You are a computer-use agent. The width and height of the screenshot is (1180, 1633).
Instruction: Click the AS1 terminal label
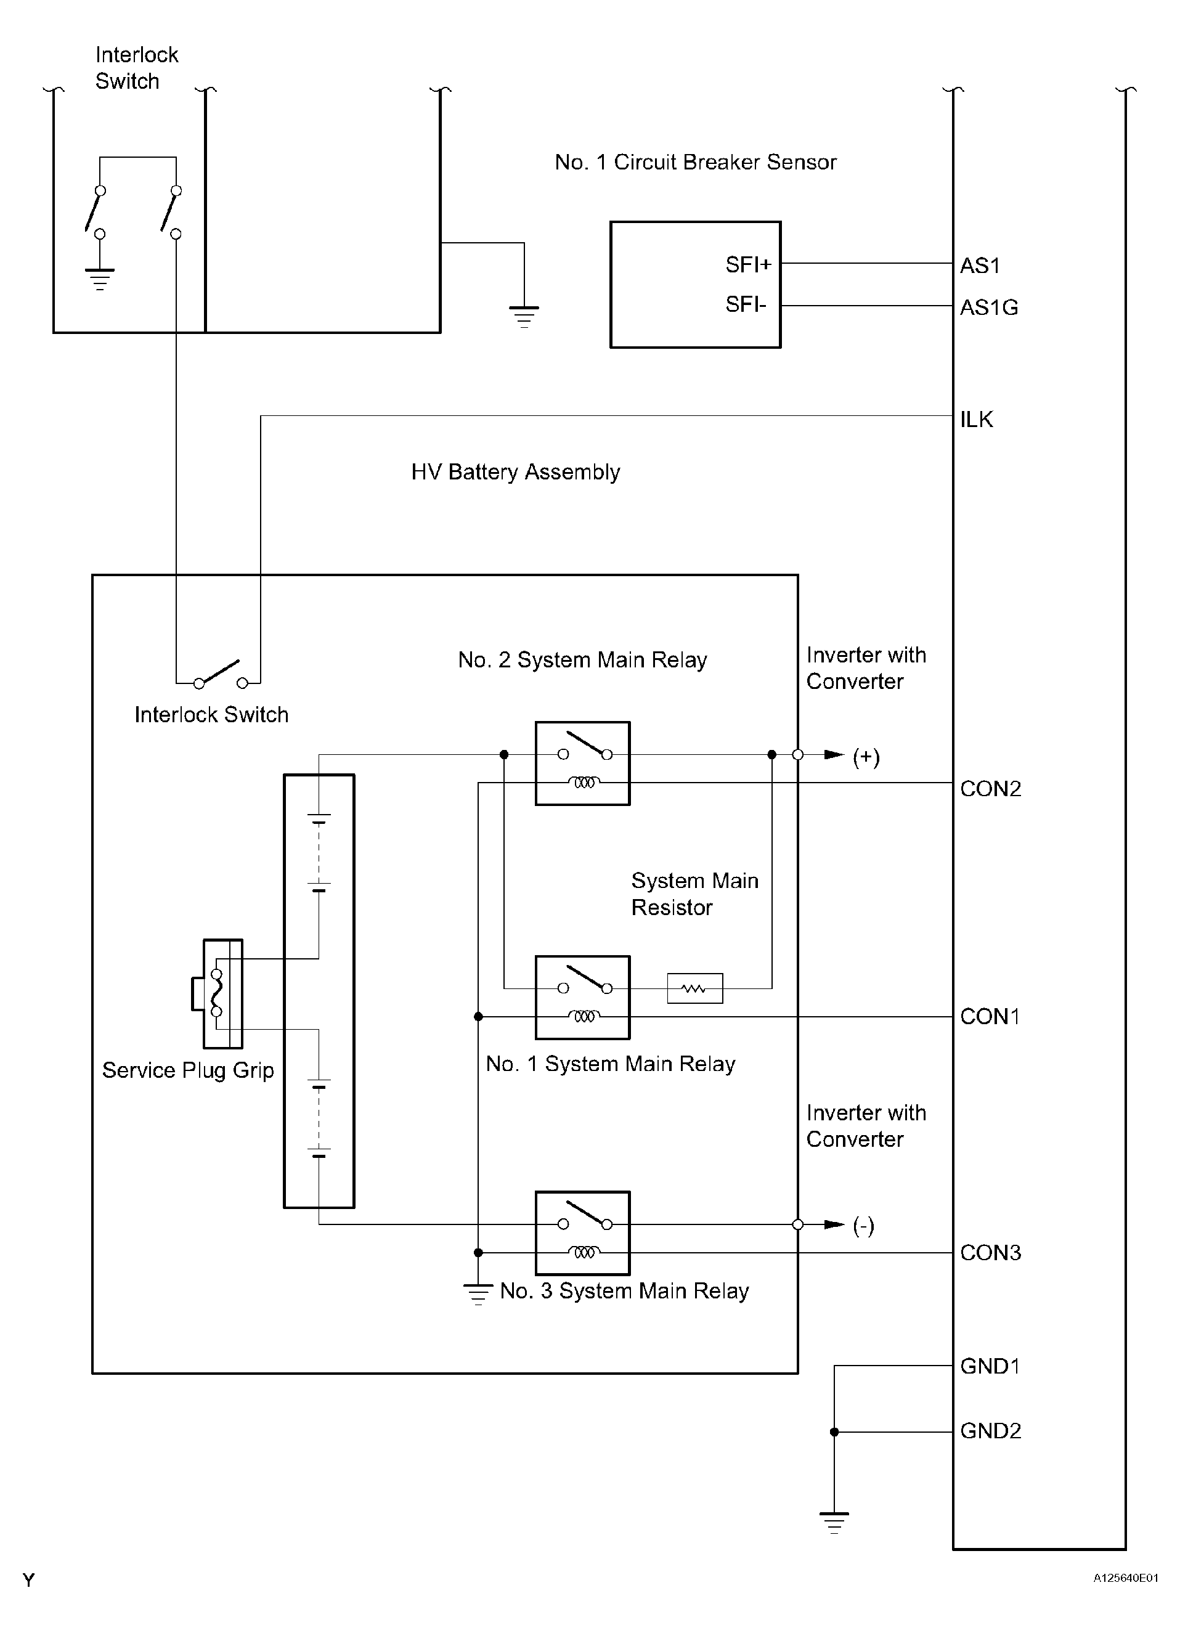point(980,266)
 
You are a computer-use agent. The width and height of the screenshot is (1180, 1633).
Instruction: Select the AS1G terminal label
point(989,307)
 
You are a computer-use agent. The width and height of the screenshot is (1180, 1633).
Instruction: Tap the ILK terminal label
point(976,419)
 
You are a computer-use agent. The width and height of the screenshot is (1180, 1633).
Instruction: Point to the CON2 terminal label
point(991,788)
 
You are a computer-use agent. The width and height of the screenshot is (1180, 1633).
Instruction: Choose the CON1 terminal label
point(990,1016)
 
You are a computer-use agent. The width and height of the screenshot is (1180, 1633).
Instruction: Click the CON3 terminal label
point(991,1252)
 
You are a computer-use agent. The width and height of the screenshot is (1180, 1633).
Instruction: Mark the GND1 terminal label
point(990,1366)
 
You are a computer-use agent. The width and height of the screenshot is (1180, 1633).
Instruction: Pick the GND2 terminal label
point(991,1430)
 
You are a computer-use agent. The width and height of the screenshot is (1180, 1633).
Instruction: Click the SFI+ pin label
point(748,265)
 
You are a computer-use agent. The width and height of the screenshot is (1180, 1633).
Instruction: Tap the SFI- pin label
point(746,304)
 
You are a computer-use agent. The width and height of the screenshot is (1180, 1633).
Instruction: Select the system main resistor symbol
point(695,988)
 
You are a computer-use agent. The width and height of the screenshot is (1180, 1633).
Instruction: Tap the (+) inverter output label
point(866,757)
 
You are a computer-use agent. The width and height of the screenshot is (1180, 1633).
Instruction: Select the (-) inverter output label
point(863,1226)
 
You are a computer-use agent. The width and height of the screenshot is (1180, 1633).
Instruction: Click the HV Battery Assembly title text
point(516,472)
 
